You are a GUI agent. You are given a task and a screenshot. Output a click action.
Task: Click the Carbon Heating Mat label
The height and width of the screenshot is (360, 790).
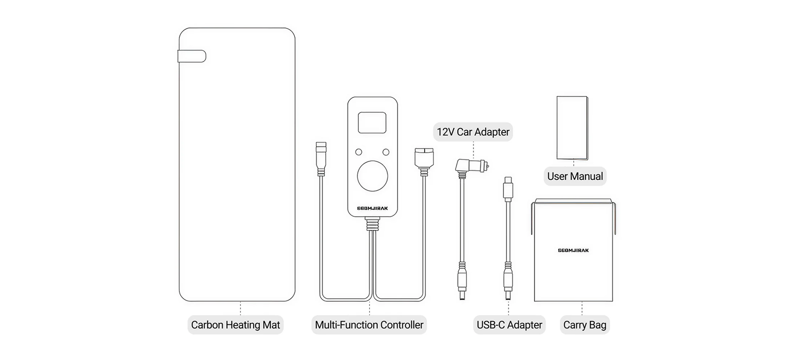pyautogui.click(x=235, y=325)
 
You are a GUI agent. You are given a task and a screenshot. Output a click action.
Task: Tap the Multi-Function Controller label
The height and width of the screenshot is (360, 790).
pyautogui.click(x=369, y=325)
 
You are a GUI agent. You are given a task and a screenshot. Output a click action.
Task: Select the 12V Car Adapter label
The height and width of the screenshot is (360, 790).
pyautogui.click(x=473, y=132)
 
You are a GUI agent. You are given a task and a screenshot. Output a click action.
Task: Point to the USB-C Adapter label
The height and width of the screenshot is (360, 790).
pyautogui.click(x=509, y=325)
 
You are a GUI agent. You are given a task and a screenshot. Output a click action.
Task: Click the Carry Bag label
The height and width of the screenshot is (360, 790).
pyautogui.click(x=585, y=325)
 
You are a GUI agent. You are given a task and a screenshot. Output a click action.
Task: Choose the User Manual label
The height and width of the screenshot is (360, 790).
pyautogui.click(x=575, y=176)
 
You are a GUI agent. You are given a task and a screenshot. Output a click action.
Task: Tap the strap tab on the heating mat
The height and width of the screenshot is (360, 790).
pyautogui.click(x=192, y=56)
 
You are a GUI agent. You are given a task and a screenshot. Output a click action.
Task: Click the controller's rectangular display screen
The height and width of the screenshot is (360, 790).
pyautogui.click(x=372, y=123)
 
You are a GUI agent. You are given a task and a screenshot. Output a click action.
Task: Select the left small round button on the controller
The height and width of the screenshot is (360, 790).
pyautogui.click(x=359, y=152)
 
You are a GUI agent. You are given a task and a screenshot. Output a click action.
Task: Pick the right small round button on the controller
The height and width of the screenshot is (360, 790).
pyautogui.click(x=386, y=152)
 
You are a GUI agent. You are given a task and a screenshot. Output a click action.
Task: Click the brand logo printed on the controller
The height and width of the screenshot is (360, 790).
pyautogui.click(x=372, y=209)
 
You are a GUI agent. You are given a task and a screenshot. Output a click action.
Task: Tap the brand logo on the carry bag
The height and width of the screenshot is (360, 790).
pyautogui.click(x=573, y=250)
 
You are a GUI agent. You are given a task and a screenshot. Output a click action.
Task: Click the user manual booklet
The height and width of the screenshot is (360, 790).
pyautogui.click(x=572, y=128)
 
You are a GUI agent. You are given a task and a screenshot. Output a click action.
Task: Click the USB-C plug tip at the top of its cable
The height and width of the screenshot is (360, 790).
pyautogui.click(x=508, y=187)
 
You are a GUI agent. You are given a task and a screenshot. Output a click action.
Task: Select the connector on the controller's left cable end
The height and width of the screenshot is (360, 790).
pyautogui.click(x=321, y=157)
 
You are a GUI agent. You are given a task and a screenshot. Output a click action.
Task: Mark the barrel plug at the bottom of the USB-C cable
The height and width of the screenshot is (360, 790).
pyautogui.click(x=508, y=285)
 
